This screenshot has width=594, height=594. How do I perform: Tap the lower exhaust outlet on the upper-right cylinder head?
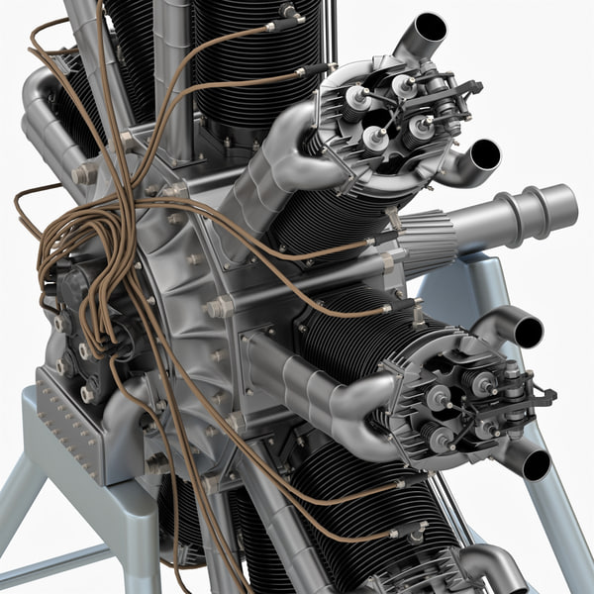pyautogui.click(x=483, y=153)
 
